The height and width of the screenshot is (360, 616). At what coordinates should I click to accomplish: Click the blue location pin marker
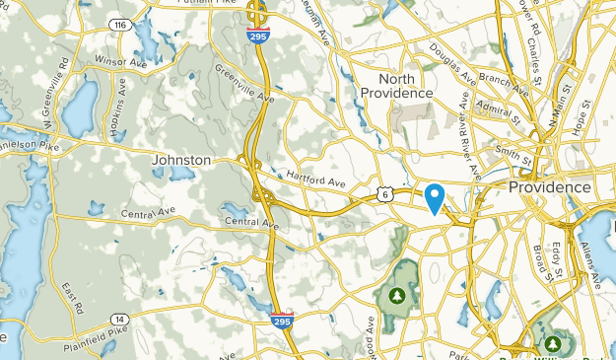coord(435,197)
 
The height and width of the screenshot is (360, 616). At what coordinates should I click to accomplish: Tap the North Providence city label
coord(396,86)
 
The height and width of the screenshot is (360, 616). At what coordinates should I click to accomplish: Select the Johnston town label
coord(181,160)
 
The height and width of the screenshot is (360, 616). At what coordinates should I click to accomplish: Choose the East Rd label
coord(71,297)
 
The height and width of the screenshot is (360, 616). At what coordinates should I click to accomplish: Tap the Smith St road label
coord(514,153)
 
